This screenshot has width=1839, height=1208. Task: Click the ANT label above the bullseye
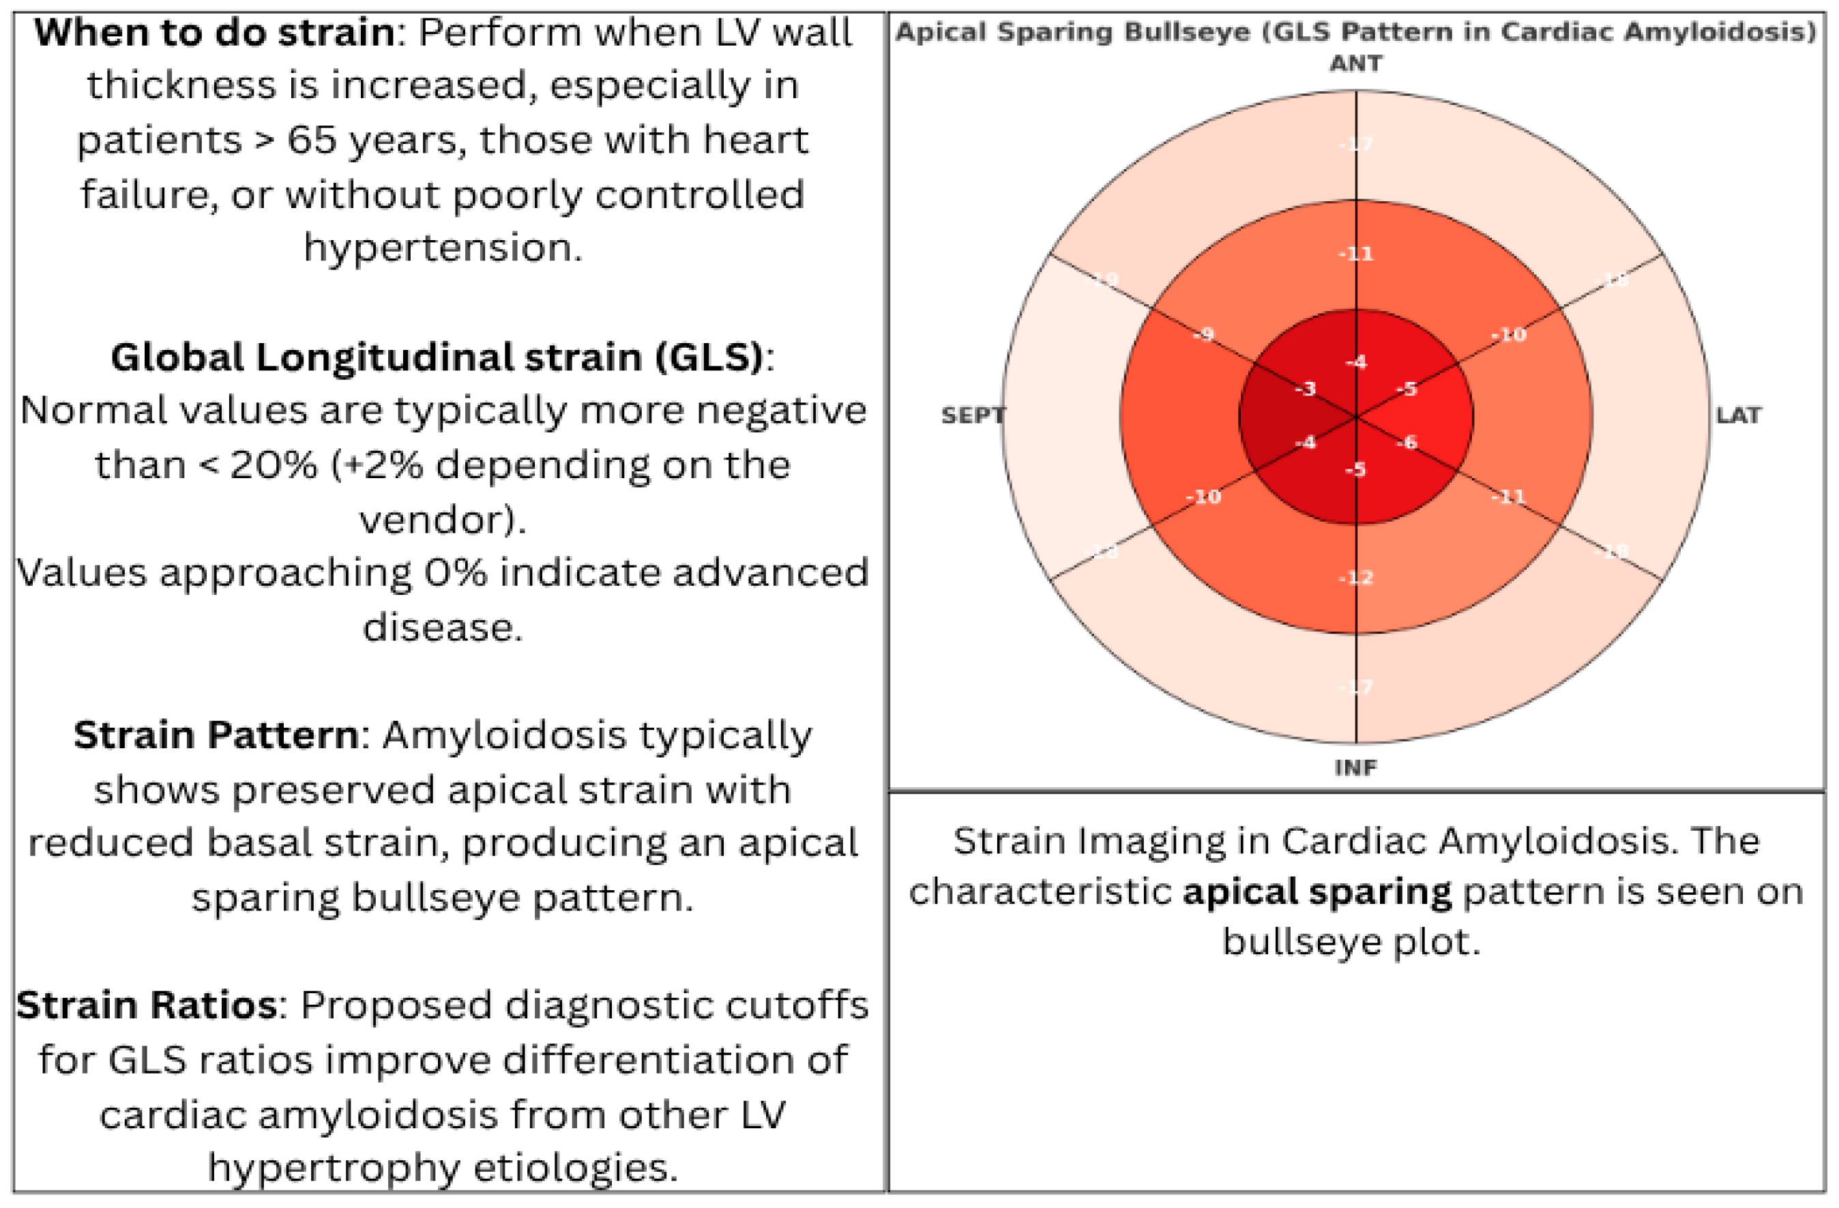point(1356,63)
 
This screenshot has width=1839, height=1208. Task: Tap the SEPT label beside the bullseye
point(972,416)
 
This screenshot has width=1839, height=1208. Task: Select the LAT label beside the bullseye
point(1739,416)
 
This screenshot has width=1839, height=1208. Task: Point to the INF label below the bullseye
point(1355,767)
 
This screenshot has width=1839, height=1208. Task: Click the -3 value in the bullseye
point(1305,388)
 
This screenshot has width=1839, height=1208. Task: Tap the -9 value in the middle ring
point(1203,335)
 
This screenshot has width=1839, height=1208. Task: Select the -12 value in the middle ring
point(1356,577)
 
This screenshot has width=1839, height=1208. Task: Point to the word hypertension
point(443,248)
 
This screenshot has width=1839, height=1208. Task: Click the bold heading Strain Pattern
point(216,735)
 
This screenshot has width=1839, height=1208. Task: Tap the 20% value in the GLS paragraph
point(274,465)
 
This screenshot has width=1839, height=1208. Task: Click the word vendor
point(442,519)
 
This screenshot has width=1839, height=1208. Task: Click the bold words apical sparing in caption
point(1316,892)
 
